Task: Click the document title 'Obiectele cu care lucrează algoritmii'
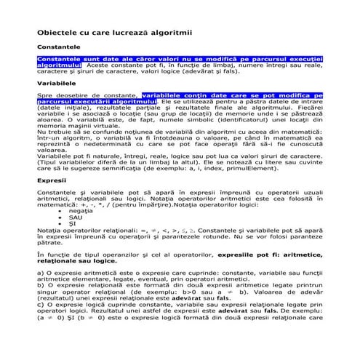point(109,33)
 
